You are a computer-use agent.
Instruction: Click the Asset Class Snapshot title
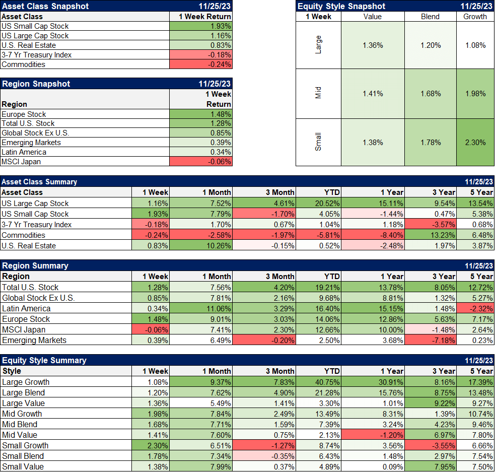point(45,6)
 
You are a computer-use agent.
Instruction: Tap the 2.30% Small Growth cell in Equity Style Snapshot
point(475,143)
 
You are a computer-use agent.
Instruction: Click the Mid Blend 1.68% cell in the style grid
point(430,94)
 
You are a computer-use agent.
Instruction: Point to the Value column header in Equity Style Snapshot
point(372,17)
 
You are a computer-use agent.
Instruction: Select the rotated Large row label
point(318,45)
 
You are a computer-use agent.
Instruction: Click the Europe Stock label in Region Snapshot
point(24,114)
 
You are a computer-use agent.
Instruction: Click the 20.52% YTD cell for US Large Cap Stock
point(318,204)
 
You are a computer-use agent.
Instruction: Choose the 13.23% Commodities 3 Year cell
point(431,235)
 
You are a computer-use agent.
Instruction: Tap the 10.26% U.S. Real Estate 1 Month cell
point(201,246)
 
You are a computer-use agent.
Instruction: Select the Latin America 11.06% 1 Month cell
point(201,309)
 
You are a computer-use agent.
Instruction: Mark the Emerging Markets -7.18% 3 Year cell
point(431,341)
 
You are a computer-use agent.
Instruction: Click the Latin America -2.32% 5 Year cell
point(475,309)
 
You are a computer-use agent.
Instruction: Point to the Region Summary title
point(35,266)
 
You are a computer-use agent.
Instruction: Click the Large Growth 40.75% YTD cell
point(318,382)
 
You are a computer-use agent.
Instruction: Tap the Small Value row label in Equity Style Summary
point(23,467)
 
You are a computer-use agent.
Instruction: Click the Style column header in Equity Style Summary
point(12,371)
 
